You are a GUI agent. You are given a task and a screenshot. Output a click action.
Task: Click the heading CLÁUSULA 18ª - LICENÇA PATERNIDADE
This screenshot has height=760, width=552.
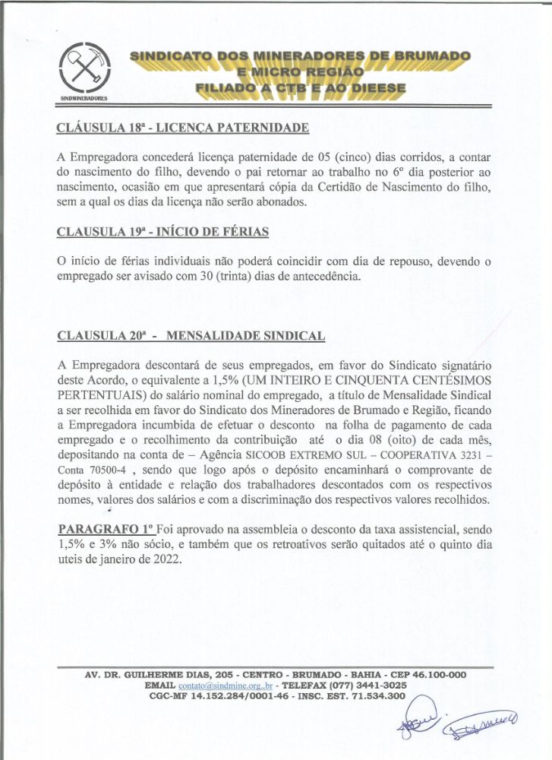click(183, 128)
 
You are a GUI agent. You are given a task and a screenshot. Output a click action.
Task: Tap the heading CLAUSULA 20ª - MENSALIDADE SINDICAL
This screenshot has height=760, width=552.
click(191, 335)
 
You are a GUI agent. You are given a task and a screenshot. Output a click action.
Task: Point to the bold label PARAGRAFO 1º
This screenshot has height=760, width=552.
click(104, 528)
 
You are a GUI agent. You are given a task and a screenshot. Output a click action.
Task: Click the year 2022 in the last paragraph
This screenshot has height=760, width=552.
click(166, 561)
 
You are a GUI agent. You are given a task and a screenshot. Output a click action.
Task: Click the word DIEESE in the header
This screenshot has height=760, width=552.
click(369, 88)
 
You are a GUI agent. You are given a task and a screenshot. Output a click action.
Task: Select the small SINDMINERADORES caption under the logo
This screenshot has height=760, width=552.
click(84, 99)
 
